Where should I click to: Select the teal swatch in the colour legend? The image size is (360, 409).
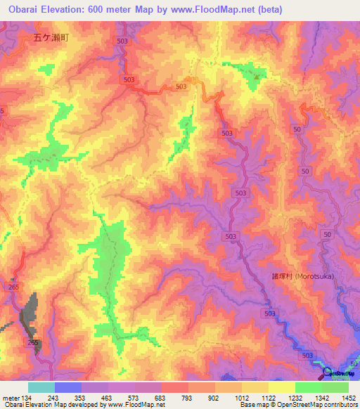pyautogui.click(x=41, y=387)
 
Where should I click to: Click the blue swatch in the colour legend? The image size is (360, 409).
pyautogui.click(x=68, y=387)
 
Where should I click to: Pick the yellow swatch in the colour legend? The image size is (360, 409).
pyautogui.click(x=282, y=387)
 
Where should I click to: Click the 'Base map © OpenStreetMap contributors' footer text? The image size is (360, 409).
pyautogui.click(x=297, y=405)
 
